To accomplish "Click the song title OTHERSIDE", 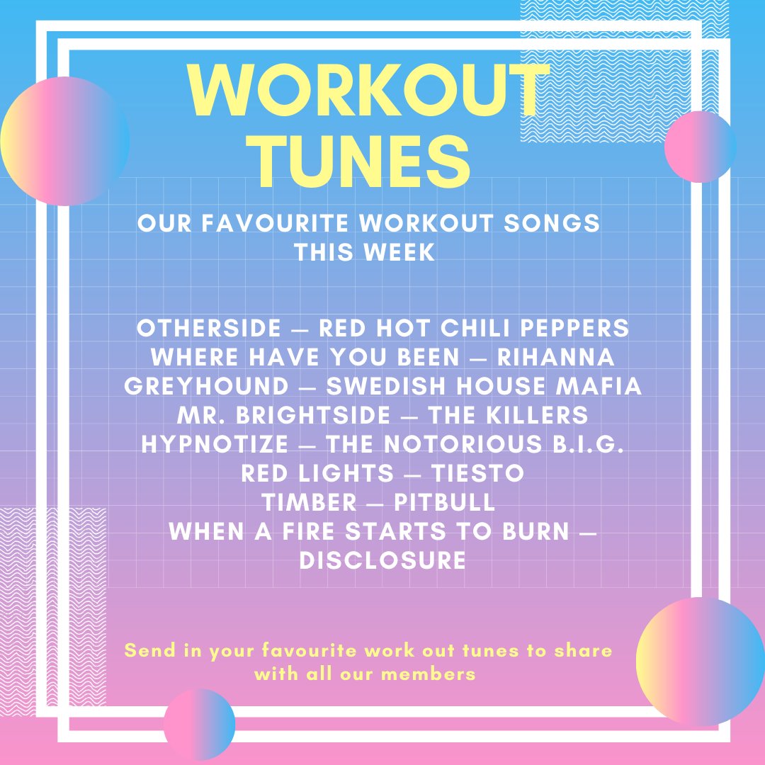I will (x=209, y=329).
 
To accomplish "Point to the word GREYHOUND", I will (x=206, y=387).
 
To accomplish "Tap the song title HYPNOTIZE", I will (x=215, y=445).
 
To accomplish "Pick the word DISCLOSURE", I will (x=382, y=560).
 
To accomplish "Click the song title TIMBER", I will (x=309, y=502).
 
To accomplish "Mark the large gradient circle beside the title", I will (x=64, y=141).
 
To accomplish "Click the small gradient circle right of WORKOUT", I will (x=700, y=147).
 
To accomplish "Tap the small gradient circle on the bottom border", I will (x=199, y=724).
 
